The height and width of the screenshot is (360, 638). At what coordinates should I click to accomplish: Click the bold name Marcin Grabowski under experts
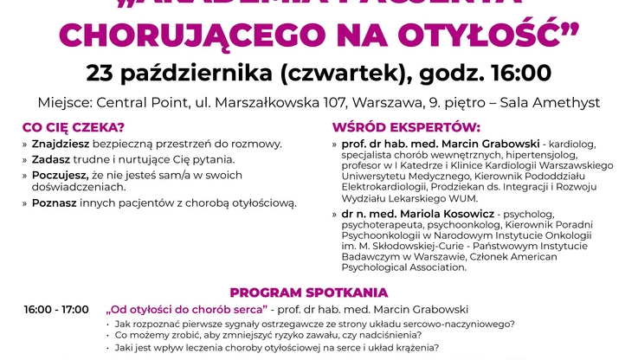pos(476,144)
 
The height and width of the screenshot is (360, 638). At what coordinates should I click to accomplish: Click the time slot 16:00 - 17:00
pos(56,310)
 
